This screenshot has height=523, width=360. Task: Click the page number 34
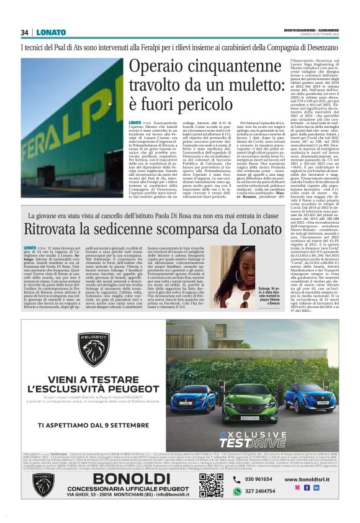25,32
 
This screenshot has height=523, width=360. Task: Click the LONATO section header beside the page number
51,32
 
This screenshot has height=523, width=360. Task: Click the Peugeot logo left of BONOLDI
44,485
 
